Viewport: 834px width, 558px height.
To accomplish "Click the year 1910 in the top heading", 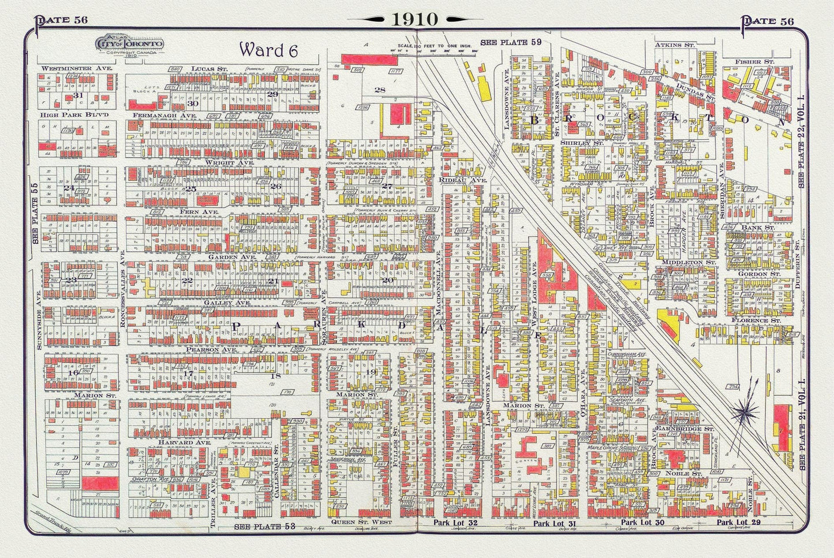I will point(416,19).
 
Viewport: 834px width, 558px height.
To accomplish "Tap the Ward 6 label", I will point(268,50).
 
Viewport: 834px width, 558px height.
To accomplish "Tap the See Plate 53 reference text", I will point(264,526).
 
